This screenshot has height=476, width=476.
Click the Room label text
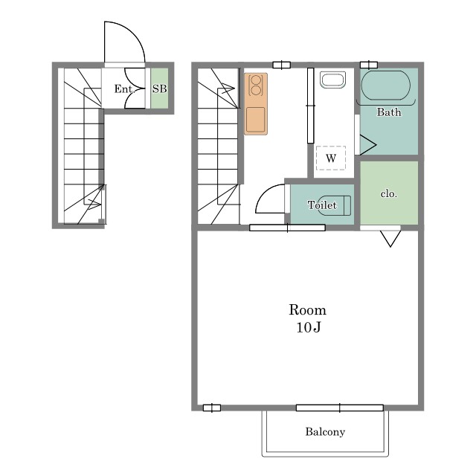(307, 310)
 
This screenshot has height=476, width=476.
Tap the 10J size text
(309, 327)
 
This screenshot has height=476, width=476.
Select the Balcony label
(325, 432)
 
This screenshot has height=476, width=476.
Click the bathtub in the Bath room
(385, 86)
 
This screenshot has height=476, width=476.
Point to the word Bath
(389, 112)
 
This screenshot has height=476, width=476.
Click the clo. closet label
(388, 193)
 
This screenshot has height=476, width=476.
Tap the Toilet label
(322, 205)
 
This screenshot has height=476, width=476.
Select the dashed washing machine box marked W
(331, 158)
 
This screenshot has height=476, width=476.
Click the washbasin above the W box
(332, 80)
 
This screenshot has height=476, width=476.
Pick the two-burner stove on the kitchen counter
(256, 85)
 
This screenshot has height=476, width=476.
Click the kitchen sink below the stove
(256, 120)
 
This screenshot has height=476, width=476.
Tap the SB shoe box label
(159, 89)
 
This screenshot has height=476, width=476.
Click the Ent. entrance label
(124, 89)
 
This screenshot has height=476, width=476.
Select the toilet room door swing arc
(263, 191)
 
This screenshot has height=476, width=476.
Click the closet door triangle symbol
(390, 239)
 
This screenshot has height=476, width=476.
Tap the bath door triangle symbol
(368, 145)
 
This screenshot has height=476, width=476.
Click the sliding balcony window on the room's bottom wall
(340, 408)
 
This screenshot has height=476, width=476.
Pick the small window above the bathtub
(369, 65)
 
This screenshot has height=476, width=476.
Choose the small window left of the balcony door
(211, 408)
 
